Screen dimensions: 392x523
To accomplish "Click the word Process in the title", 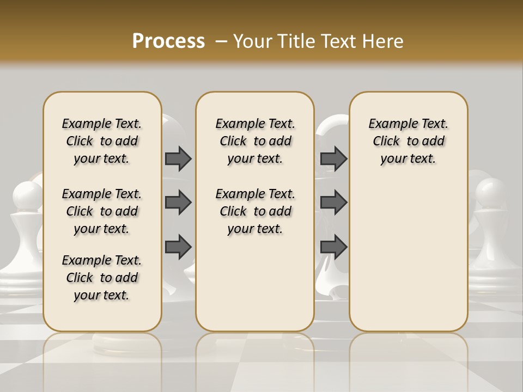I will point(168,41).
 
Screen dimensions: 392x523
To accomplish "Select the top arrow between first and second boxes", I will point(178,158).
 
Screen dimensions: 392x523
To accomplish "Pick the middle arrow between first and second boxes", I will point(178,203).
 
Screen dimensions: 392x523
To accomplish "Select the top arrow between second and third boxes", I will point(334,158).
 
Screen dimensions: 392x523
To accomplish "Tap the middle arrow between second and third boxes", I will point(334,203).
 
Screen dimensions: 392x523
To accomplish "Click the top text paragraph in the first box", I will point(102,141).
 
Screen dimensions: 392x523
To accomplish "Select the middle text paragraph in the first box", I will point(102,211).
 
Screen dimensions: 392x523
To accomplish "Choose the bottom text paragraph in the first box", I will point(102,278).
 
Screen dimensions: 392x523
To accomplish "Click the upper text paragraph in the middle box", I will point(255,141).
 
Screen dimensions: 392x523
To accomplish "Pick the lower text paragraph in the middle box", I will point(255,211).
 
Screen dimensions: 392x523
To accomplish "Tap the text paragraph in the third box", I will point(408,141).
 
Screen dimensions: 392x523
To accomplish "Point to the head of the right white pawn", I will point(491,193).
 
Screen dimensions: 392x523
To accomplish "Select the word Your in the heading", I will point(250,41).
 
